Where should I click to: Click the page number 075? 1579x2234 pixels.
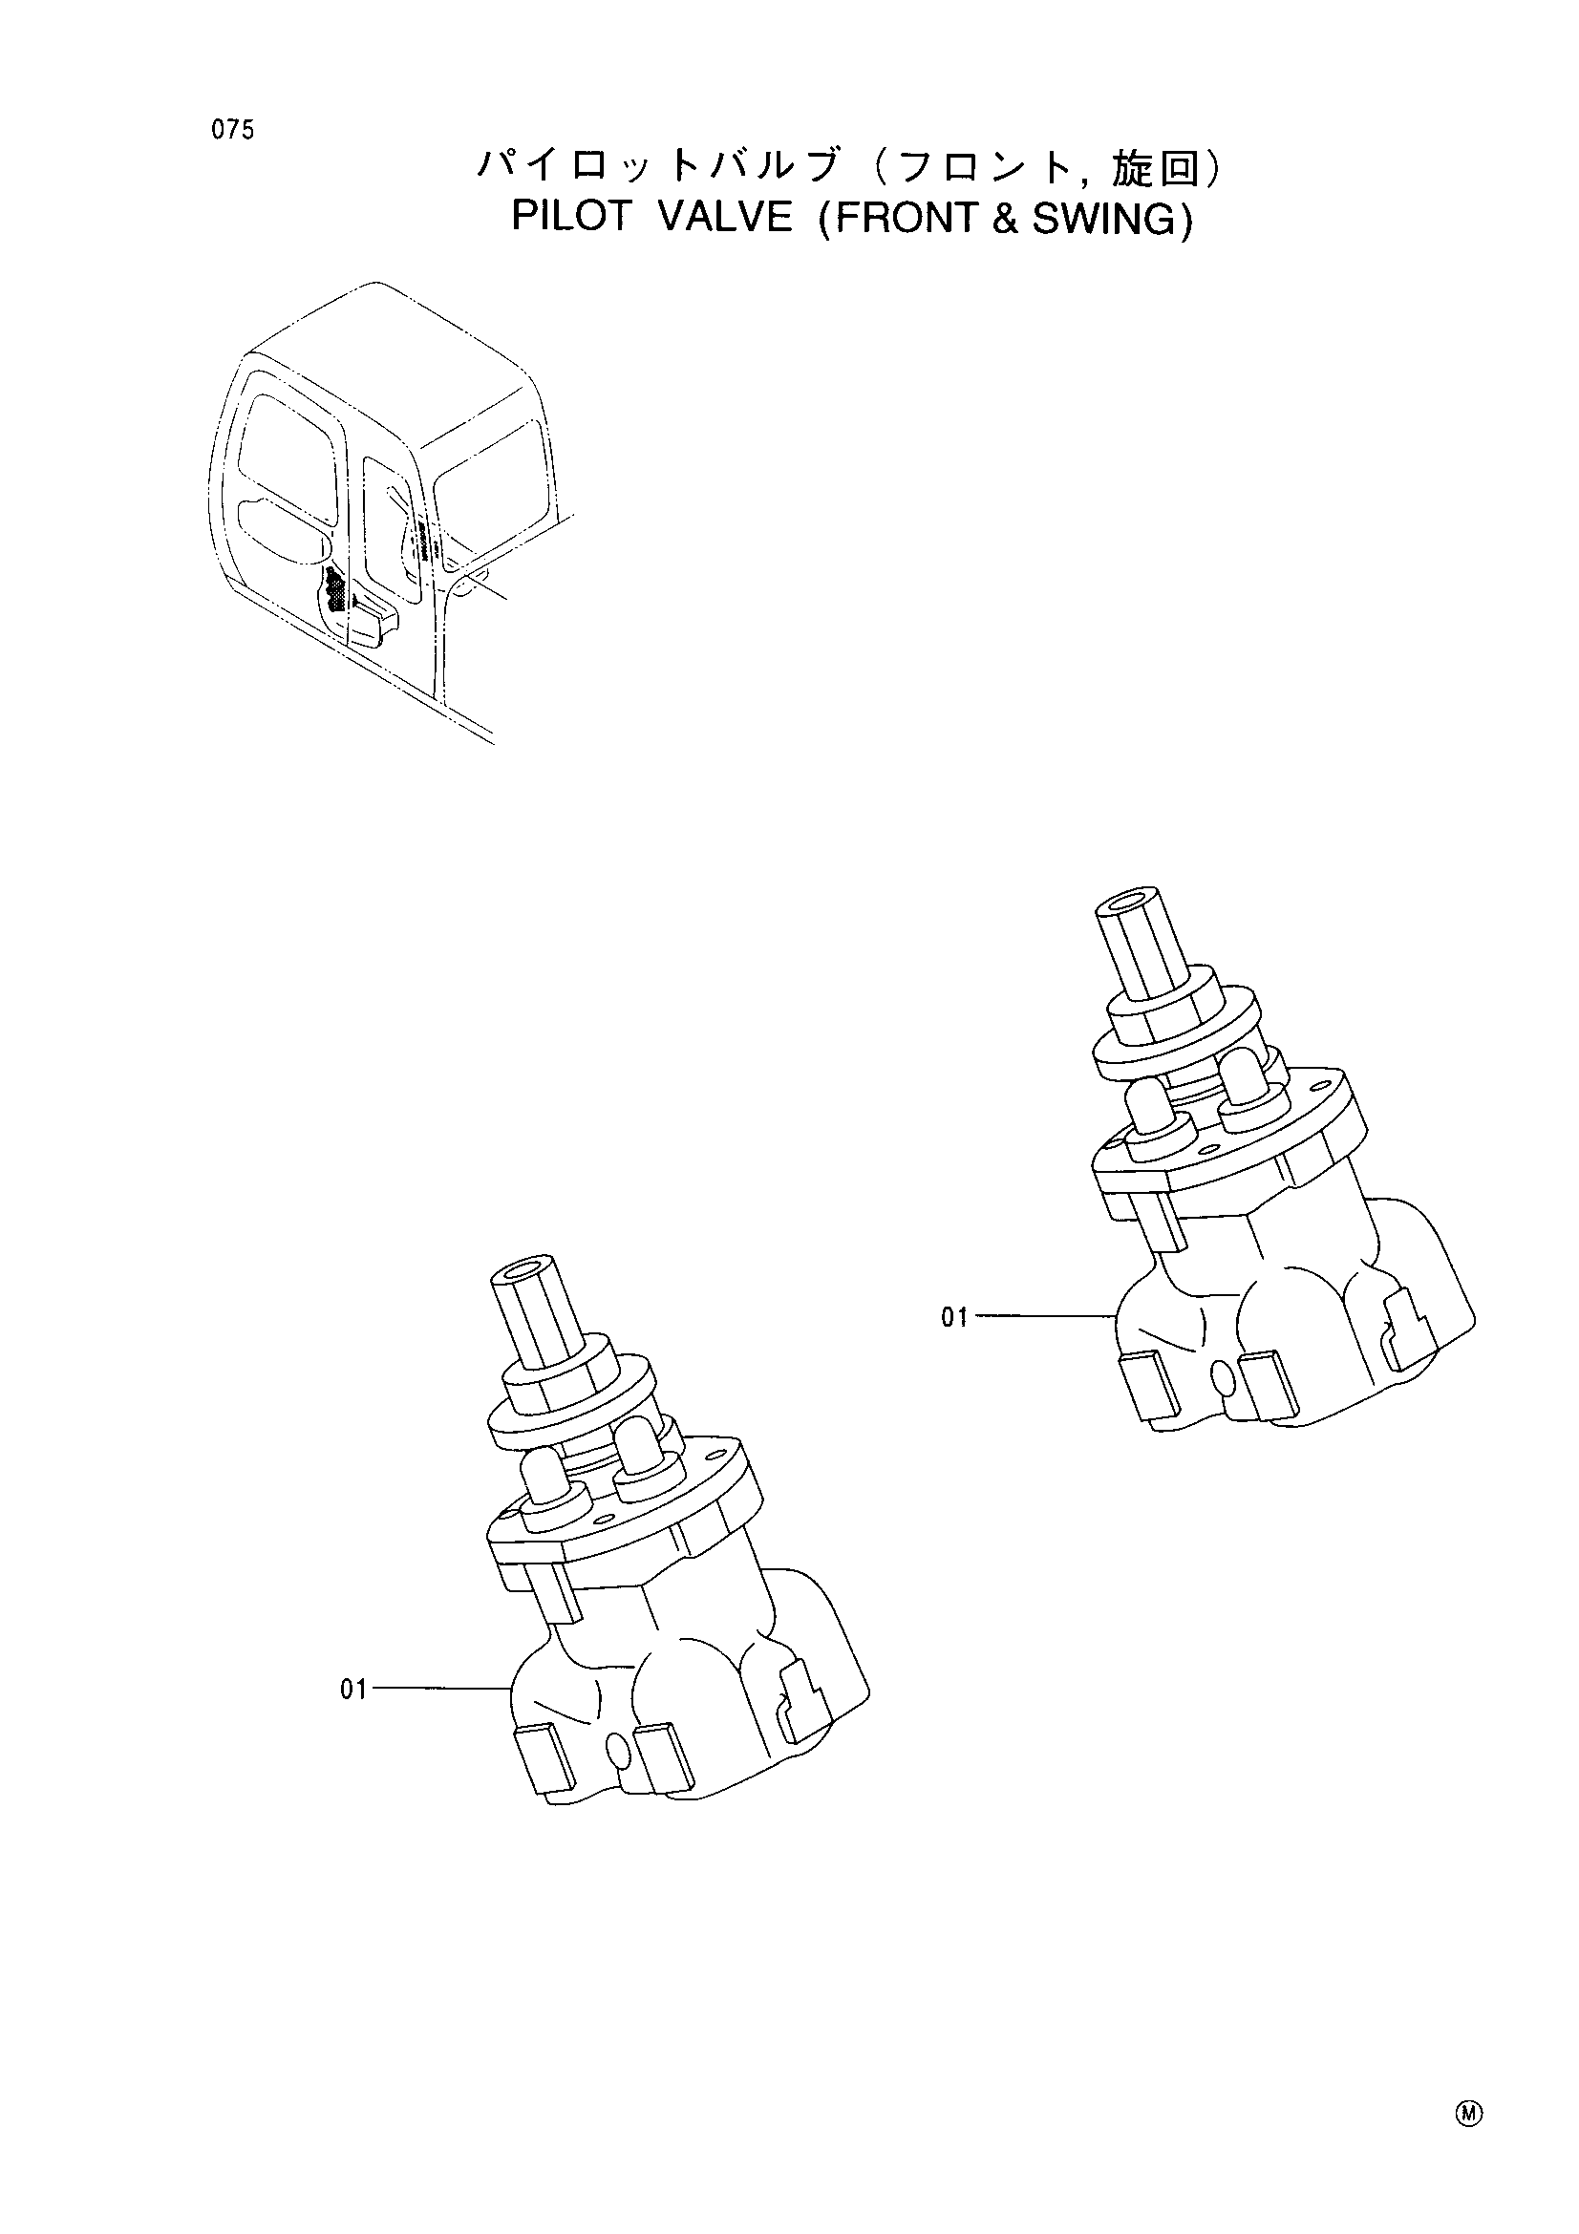[x=233, y=129]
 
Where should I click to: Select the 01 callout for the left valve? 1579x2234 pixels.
[x=354, y=1691]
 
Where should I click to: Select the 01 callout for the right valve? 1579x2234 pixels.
[x=954, y=1317]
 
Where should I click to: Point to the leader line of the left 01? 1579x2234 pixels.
[x=442, y=1691]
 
